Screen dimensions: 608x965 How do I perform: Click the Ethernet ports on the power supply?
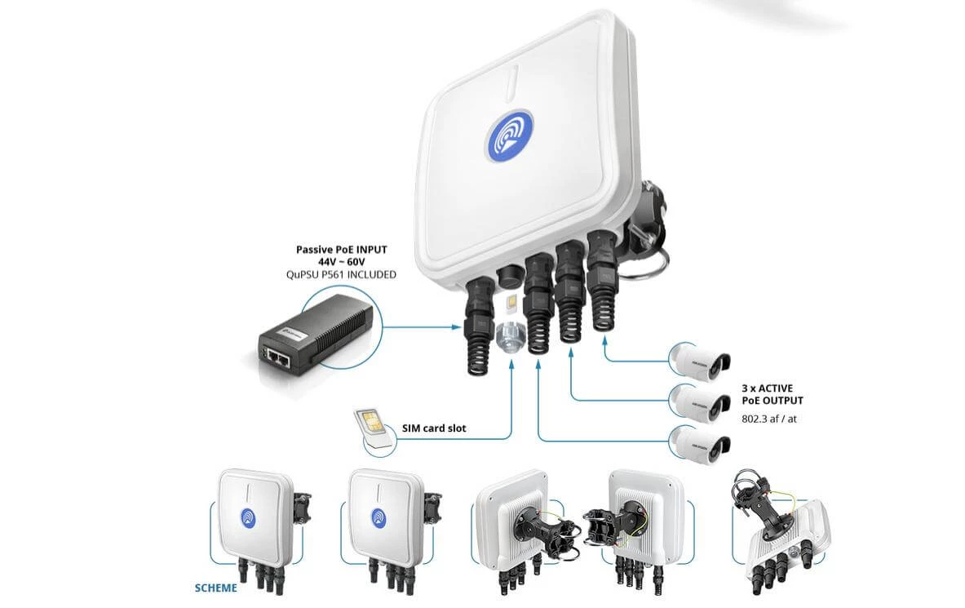pos(277,354)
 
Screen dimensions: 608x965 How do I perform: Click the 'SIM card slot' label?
pos(435,428)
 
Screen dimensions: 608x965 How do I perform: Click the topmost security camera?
pos(700,357)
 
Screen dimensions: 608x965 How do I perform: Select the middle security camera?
pos(700,401)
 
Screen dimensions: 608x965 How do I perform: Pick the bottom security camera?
pos(700,444)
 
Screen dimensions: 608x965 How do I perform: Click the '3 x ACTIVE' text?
pos(767,388)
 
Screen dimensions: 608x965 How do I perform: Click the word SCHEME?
pos(216,588)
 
